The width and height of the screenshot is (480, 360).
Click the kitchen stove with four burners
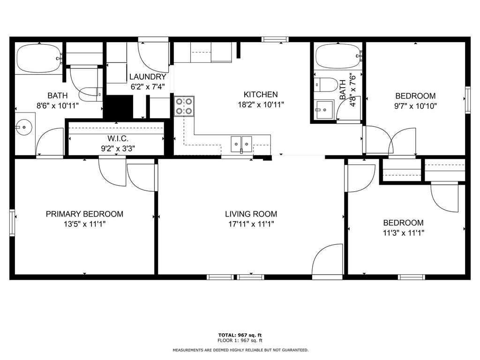click(x=184, y=106)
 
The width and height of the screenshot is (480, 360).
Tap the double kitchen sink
click(x=241, y=144)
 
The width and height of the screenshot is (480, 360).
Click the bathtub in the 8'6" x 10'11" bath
click(x=39, y=58)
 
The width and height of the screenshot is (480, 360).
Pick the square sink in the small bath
click(x=324, y=110)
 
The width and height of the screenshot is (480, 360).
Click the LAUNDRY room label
click(x=148, y=77)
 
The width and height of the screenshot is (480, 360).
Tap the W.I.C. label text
click(x=118, y=138)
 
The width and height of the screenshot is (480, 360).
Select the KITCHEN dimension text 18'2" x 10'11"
click(x=261, y=105)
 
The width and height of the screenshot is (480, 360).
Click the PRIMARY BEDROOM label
click(x=84, y=214)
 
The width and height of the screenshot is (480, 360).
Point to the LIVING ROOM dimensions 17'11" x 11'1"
click(x=251, y=224)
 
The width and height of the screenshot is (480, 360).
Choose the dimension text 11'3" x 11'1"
click(x=404, y=233)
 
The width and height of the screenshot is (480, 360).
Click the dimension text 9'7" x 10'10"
click(x=415, y=106)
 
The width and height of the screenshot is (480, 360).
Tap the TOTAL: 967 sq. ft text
click(x=240, y=335)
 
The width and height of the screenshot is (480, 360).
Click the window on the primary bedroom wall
click(x=12, y=223)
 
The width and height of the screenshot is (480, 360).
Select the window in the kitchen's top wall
click(x=275, y=39)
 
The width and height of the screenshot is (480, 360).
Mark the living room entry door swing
click(x=327, y=261)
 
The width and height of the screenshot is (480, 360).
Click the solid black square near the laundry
click(x=118, y=106)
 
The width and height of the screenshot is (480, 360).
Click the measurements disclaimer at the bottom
click(x=240, y=350)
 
